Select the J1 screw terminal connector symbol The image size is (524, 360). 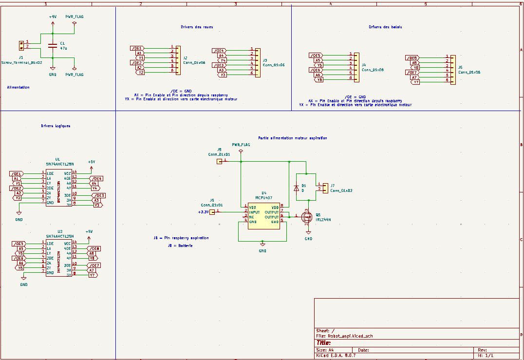click(21, 45)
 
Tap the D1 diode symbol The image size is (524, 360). click(296, 188)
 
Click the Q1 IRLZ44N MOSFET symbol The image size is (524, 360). click(307, 217)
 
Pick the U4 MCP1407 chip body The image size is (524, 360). click(263, 215)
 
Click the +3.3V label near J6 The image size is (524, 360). click(203, 212)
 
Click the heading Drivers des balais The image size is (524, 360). click(385, 27)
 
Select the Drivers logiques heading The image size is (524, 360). click(56, 126)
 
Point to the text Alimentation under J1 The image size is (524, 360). click(18, 88)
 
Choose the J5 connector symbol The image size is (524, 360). click(453, 69)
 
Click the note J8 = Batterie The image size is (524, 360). click(180, 246)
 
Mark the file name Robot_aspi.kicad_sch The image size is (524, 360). click(351, 336)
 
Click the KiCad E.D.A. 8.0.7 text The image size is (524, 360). click(336, 356)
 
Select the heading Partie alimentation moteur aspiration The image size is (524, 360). click(293, 138)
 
